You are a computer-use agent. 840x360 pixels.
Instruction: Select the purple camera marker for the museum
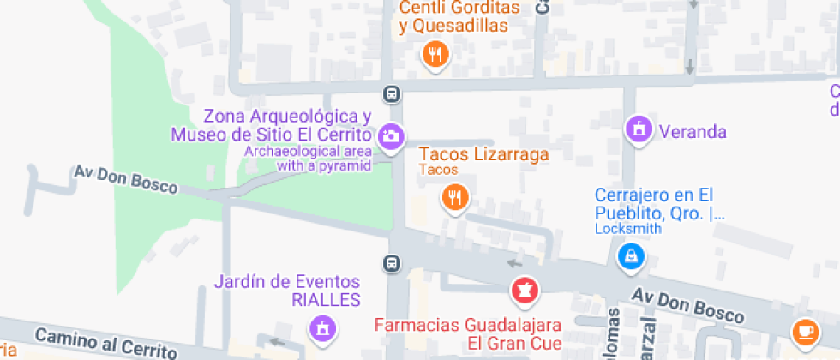(x=391, y=136)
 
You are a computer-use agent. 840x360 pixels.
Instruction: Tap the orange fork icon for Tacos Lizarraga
(x=455, y=199)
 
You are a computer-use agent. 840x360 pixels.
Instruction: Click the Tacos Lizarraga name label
(x=483, y=154)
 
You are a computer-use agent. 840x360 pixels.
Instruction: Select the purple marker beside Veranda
(x=638, y=130)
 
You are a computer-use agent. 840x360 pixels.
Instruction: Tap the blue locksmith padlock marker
(x=631, y=255)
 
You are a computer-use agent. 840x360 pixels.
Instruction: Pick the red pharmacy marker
(x=525, y=291)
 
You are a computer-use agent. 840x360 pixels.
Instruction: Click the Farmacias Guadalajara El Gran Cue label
(x=467, y=333)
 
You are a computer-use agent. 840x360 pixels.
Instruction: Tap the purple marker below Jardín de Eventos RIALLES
(x=323, y=328)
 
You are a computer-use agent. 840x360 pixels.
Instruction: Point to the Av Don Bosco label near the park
(x=125, y=179)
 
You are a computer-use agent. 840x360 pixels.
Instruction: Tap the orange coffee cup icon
(x=804, y=330)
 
